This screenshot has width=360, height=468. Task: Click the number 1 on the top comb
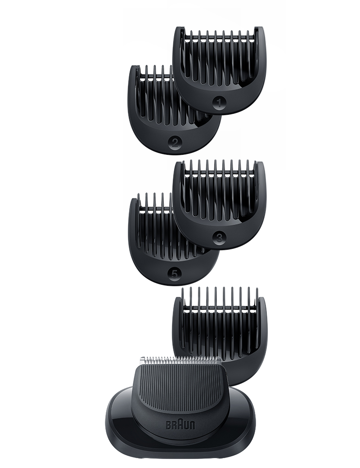tap(219, 103)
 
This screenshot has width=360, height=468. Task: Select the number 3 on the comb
tap(219, 237)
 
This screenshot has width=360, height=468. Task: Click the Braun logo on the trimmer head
tap(180, 425)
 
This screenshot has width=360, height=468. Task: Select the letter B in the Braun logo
tap(168, 425)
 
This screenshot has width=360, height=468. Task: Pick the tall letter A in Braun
tap(180, 425)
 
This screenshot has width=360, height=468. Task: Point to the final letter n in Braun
tap(192, 426)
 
